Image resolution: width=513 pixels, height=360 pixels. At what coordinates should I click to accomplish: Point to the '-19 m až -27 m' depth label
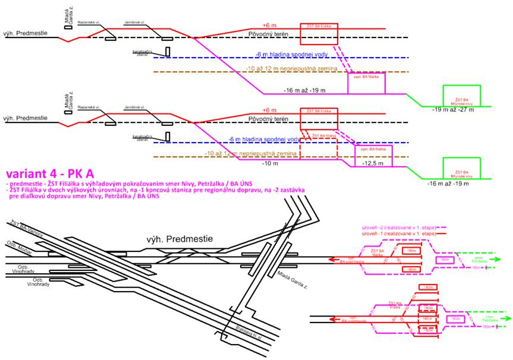coord(454,110)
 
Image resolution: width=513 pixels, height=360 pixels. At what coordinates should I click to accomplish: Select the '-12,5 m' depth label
coord(373,163)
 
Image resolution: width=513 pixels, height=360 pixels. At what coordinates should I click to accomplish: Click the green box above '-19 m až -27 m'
coord(462,95)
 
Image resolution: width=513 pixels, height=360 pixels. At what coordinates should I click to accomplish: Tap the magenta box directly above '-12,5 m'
coord(374,151)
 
